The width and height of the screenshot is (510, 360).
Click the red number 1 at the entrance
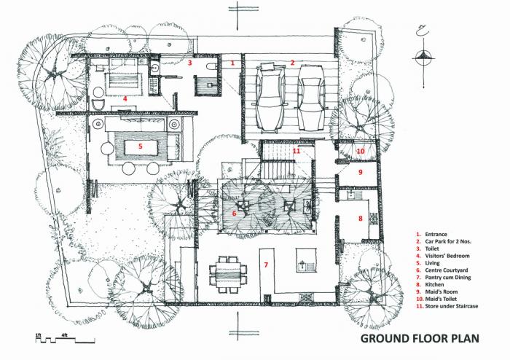pyautogui.click(x=232, y=63)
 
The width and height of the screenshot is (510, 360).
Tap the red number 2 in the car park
pyautogui.click(x=292, y=63)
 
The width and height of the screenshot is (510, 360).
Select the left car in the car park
pyautogui.click(x=268, y=98)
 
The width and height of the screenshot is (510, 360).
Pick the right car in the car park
pyautogui.click(x=311, y=98)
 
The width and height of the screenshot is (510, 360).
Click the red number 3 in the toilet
pyautogui.click(x=189, y=63)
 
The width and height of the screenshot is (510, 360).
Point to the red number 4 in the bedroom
pyautogui.click(x=125, y=98)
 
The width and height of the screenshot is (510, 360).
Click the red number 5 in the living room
pyautogui.click(x=140, y=146)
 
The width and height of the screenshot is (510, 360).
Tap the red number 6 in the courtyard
pyautogui.click(x=234, y=214)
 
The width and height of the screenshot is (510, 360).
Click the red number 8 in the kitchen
pyautogui.click(x=360, y=218)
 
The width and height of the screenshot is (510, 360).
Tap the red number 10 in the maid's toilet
pyautogui.click(x=360, y=151)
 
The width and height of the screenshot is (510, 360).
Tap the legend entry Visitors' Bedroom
pyautogui.click(x=448, y=256)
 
